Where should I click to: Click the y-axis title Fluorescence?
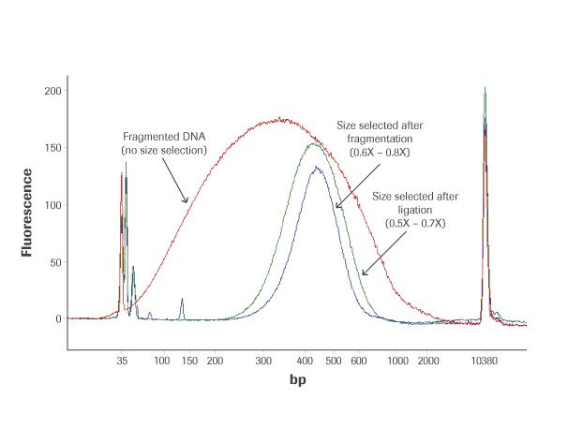(29, 213)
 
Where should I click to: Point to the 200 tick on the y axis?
(52, 91)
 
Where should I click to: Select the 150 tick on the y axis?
(52, 148)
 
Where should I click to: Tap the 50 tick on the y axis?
(54, 261)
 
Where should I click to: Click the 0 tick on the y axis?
(57, 318)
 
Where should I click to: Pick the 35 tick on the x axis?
(122, 360)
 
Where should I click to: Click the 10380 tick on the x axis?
(485, 360)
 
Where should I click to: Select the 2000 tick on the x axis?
(430, 360)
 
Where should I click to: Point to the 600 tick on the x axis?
(358, 360)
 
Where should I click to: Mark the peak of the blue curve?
(317, 168)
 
